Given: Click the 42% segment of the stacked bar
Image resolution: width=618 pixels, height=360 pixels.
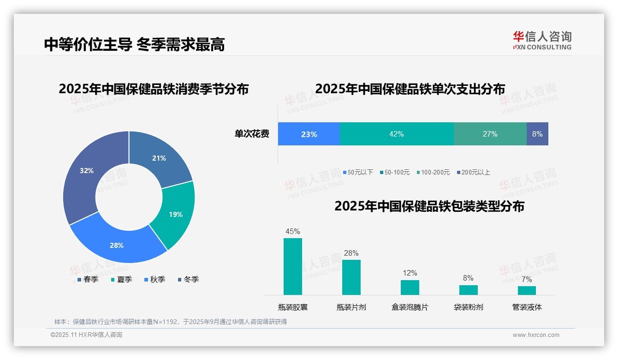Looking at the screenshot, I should tap(397, 134).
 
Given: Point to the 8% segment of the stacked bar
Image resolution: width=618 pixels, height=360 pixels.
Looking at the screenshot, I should tap(537, 134).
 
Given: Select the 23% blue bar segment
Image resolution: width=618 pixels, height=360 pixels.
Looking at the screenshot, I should tap(309, 134).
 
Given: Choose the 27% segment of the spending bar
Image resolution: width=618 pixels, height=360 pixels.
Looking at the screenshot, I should tap(490, 134).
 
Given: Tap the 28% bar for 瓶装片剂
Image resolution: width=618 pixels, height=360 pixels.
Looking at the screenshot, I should tap(351, 277).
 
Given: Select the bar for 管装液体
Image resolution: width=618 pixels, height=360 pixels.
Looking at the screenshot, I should tap(527, 290).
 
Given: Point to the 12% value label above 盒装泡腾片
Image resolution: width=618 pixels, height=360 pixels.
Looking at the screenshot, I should tap(410, 273).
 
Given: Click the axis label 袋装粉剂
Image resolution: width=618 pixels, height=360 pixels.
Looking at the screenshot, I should tap(468, 307).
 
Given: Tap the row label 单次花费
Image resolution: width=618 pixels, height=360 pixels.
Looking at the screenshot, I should tap(252, 134).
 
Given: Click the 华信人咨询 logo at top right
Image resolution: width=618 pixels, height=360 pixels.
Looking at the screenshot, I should tap(542, 40).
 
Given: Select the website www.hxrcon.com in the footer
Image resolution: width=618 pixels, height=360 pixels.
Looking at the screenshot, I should tap(536, 335).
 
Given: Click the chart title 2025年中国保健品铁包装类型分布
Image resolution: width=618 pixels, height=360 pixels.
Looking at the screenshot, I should tap(429, 206).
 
